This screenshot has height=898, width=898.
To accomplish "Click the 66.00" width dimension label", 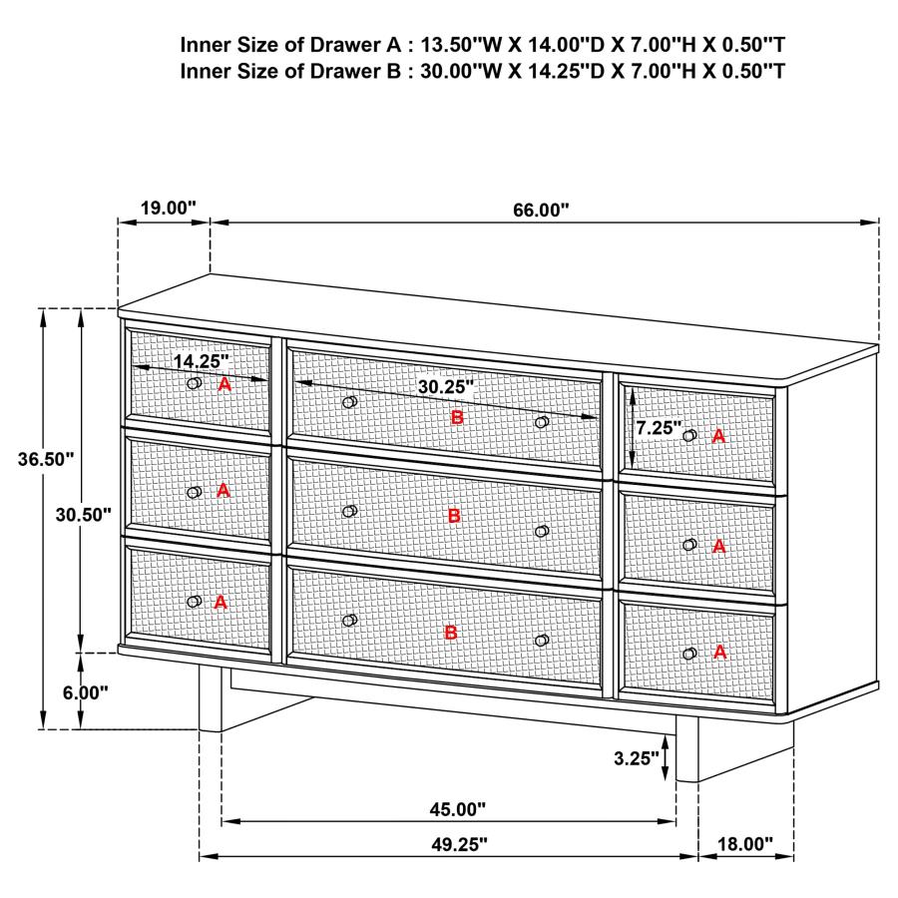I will tap(541, 210).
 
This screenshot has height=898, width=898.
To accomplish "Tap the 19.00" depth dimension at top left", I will tap(168, 208).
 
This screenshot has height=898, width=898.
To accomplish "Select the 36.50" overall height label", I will tap(46, 460).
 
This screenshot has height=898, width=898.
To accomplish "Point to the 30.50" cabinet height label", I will tap(84, 514).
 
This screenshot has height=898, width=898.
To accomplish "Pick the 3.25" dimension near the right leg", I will tap(637, 758).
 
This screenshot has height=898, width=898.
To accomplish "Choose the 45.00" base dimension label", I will tap(459, 808).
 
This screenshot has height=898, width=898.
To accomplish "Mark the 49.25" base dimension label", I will tap(459, 844).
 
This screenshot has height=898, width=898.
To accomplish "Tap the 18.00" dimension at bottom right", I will tap(745, 844).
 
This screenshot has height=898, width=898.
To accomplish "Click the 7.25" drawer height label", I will tap(659, 427).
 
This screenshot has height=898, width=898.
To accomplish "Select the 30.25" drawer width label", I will tap(445, 385).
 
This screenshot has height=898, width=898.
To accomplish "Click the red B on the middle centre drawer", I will tap(454, 516).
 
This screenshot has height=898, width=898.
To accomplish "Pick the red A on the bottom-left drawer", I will tap(221, 603).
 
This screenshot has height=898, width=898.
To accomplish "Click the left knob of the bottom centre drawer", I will tap(349, 621).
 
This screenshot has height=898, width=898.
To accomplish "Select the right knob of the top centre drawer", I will tap(542, 422).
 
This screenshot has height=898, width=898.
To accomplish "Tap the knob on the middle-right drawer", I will tap(689, 545).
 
